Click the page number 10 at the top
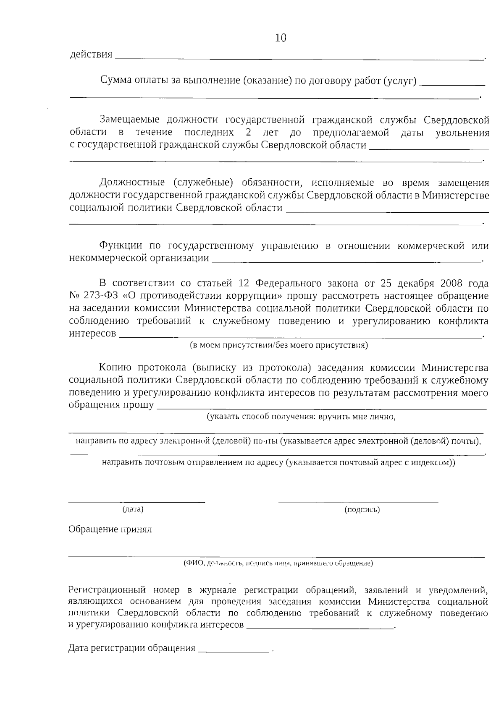tap(281, 38)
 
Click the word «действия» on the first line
tap(91, 55)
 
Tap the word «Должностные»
tap(132, 183)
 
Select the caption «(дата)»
tap(133, 510)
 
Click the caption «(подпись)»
tap(362, 510)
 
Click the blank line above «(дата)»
tap(136, 502)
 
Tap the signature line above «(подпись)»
tap(358, 502)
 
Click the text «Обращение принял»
tap(110, 529)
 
